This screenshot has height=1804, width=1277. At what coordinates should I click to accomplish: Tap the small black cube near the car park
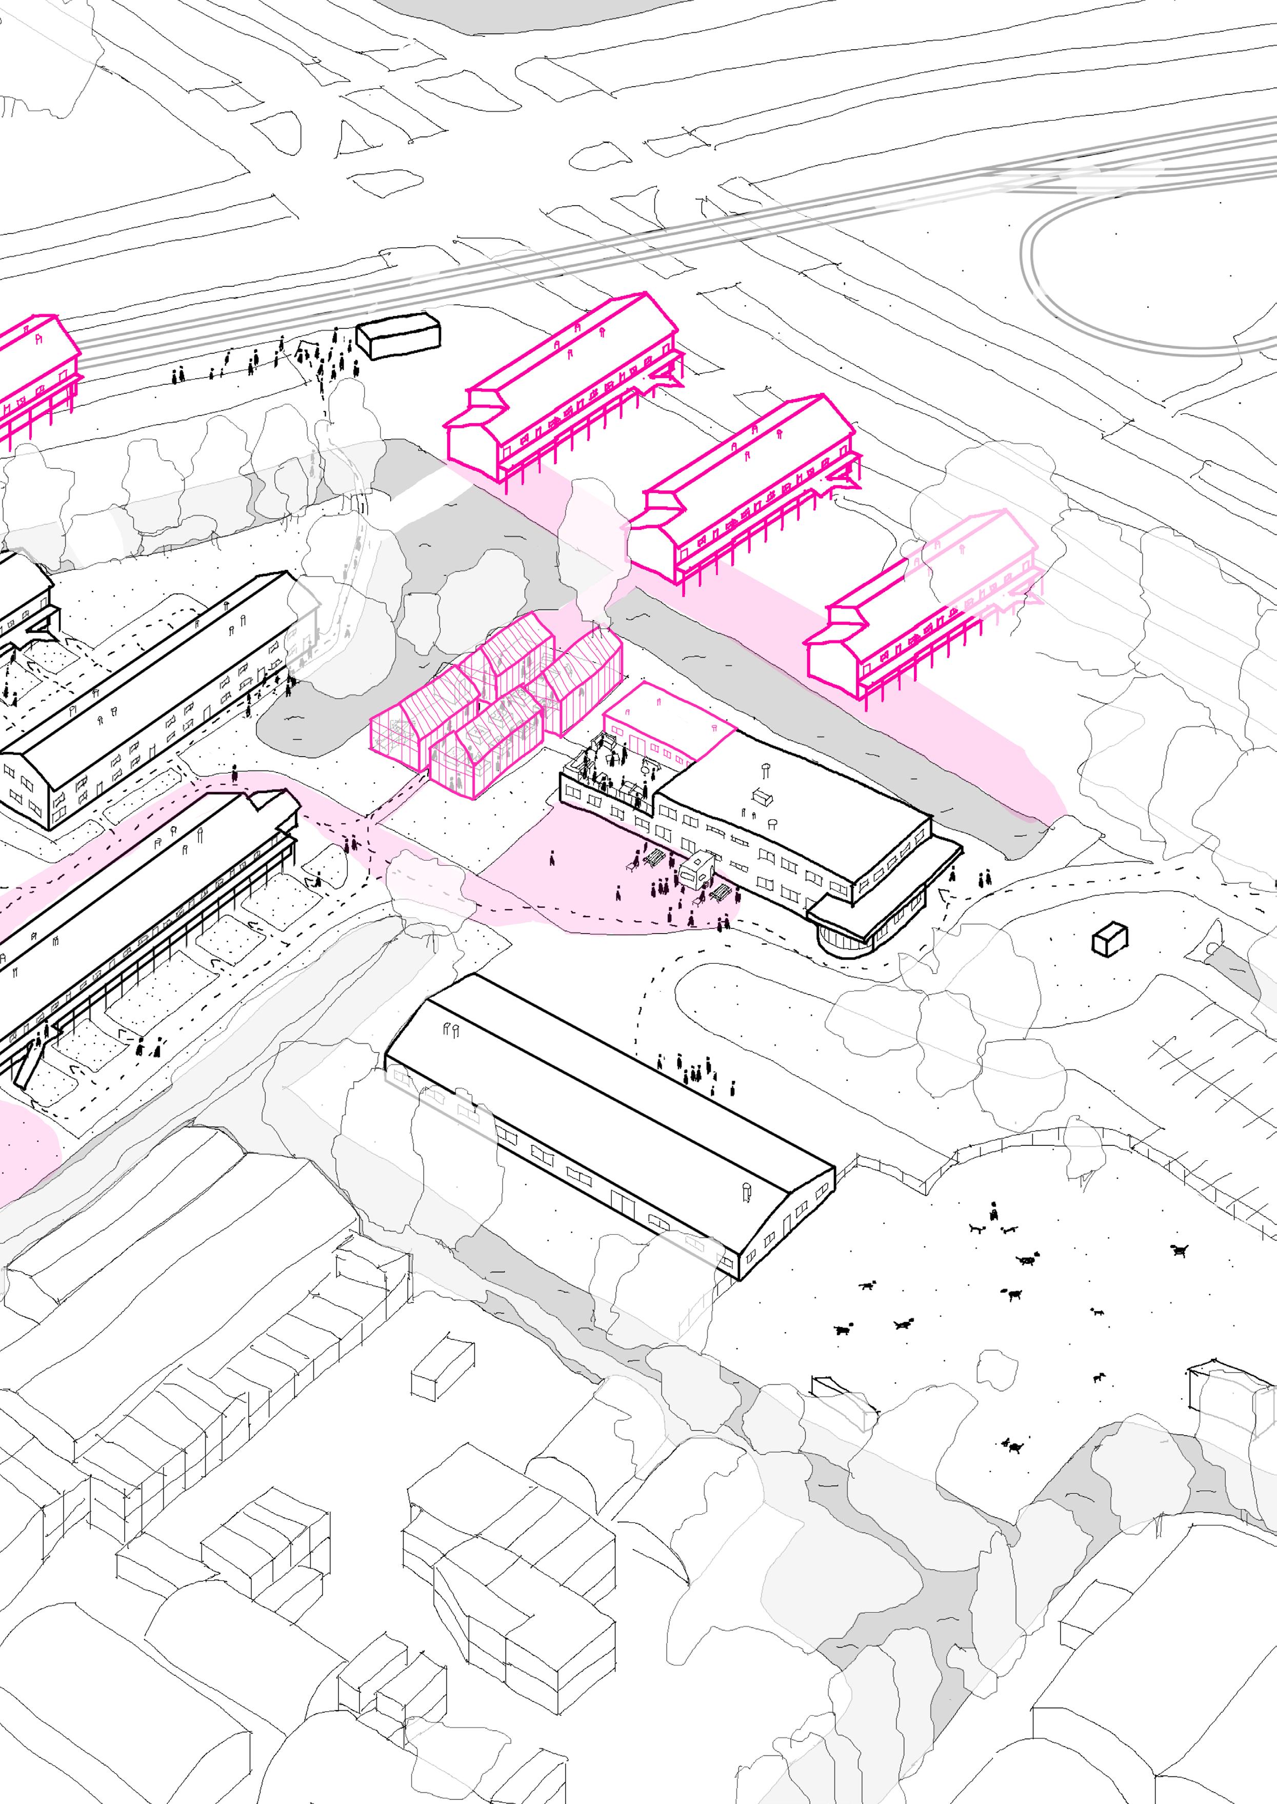point(1109,939)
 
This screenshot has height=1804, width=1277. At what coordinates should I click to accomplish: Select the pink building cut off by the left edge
point(35,370)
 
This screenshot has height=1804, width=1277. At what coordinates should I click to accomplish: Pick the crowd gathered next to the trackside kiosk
point(330,358)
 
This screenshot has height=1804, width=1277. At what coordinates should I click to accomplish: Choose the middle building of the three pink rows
point(747,491)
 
